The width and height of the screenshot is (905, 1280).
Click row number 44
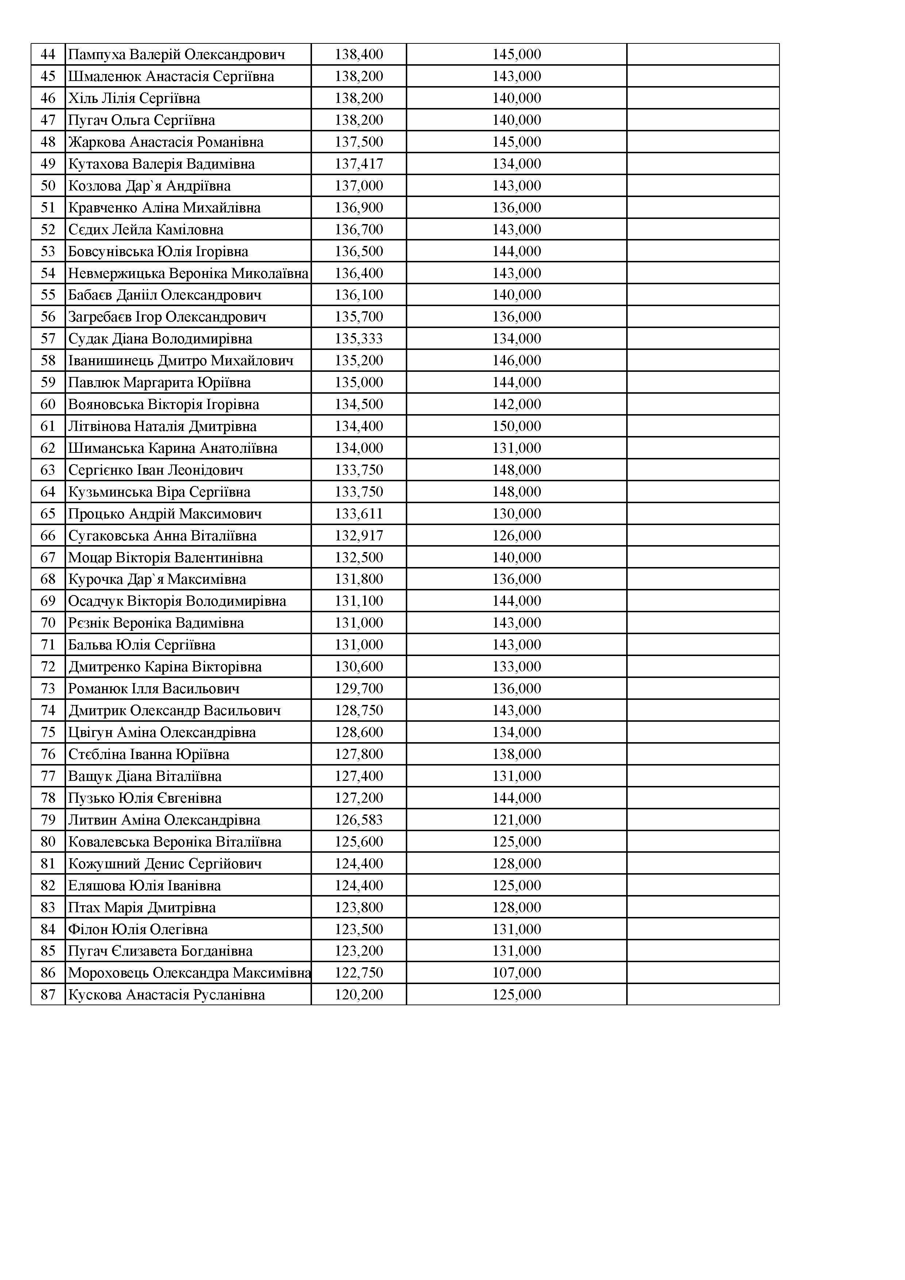tap(48, 55)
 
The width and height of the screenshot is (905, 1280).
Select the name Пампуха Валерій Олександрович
tap(176, 55)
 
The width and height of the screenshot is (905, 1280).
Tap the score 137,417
tap(359, 164)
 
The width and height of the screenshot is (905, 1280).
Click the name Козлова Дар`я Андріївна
tap(150, 186)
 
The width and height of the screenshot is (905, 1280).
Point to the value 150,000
tap(516, 427)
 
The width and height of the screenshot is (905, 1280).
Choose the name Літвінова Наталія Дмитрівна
tap(162, 427)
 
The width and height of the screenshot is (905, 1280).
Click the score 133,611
tap(359, 514)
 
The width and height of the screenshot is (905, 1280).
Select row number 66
tap(48, 536)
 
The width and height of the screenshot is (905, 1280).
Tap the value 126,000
tap(516, 536)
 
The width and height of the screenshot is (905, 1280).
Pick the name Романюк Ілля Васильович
tap(154, 689)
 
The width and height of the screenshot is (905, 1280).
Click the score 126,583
tap(359, 820)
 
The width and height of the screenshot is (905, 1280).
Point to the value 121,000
tap(516, 820)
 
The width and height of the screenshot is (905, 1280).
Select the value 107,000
tap(516, 973)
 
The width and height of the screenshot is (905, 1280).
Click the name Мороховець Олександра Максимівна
tap(189, 973)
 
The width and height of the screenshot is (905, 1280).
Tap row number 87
tap(48, 995)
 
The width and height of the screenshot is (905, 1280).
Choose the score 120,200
tap(359, 995)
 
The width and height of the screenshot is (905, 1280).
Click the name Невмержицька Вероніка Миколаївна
tap(188, 273)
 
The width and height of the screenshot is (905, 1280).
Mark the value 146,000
tap(516, 361)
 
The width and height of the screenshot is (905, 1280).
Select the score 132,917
tap(359, 536)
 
